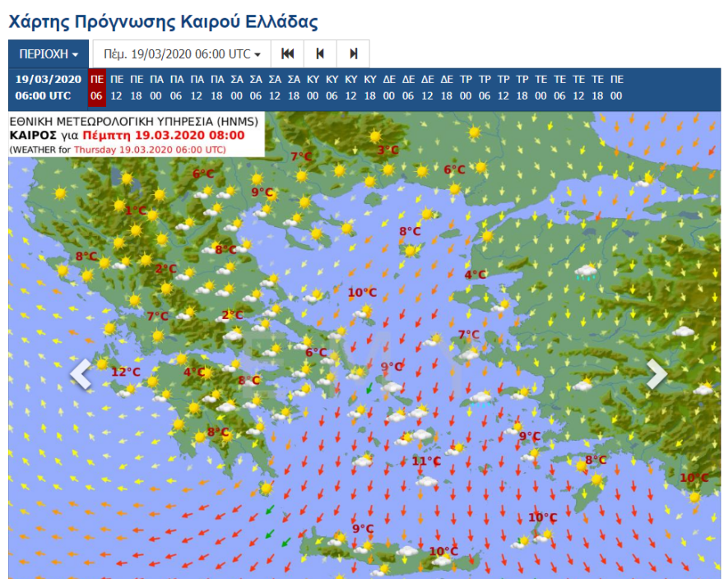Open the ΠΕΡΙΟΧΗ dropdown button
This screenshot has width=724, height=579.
click(x=49, y=54)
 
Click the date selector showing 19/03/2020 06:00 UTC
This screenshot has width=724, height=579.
click(x=182, y=54)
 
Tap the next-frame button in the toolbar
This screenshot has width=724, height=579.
click(x=353, y=54)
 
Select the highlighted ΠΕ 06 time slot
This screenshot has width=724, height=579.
click(x=97, y=87)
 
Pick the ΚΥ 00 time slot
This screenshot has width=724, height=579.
click(x=313, y=87)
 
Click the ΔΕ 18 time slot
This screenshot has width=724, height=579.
click(x=447, y=87)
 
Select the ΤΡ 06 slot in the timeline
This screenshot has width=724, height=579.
click(x=485, y=87)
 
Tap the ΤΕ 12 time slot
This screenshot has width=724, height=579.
click(x=578, y=87)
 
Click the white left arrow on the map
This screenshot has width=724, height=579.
click(x=80, y=374)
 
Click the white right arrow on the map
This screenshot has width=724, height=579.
click(x=657, y=374)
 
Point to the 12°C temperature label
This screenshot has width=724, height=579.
click(x=126, y=372)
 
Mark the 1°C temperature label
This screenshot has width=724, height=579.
click(x=135, y=211)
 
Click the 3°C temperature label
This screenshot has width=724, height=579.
click(x=388, y=151)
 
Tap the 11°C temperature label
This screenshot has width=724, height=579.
click(x=425, y=461)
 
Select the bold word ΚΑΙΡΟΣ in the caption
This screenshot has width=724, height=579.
click(x=33, y=136)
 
